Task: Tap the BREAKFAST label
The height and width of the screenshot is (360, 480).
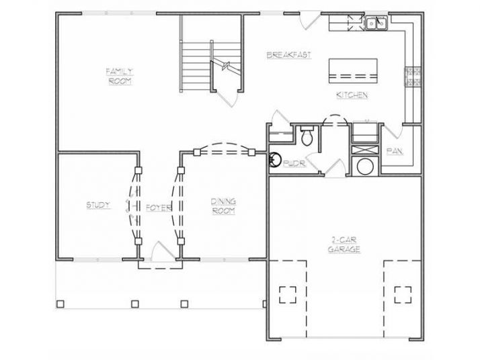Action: click(288, 55)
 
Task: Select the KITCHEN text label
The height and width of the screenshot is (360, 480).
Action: click(352, 95)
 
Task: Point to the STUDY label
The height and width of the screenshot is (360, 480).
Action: click(98, 205)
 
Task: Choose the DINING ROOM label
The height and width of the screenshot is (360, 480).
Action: click(223, 206)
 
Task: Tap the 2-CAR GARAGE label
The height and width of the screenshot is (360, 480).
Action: click(345, 244)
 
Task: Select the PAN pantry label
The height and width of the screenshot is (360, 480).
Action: click(394, 151)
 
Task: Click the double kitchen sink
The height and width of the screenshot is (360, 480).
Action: click(376, 24)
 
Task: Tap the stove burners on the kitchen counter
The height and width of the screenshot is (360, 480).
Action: click(411, 77)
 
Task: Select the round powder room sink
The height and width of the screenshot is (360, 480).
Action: click(274, 160)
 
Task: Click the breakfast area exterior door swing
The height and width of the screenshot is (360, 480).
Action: click(307, 21)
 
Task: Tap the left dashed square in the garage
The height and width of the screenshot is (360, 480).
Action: click(288, 294)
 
